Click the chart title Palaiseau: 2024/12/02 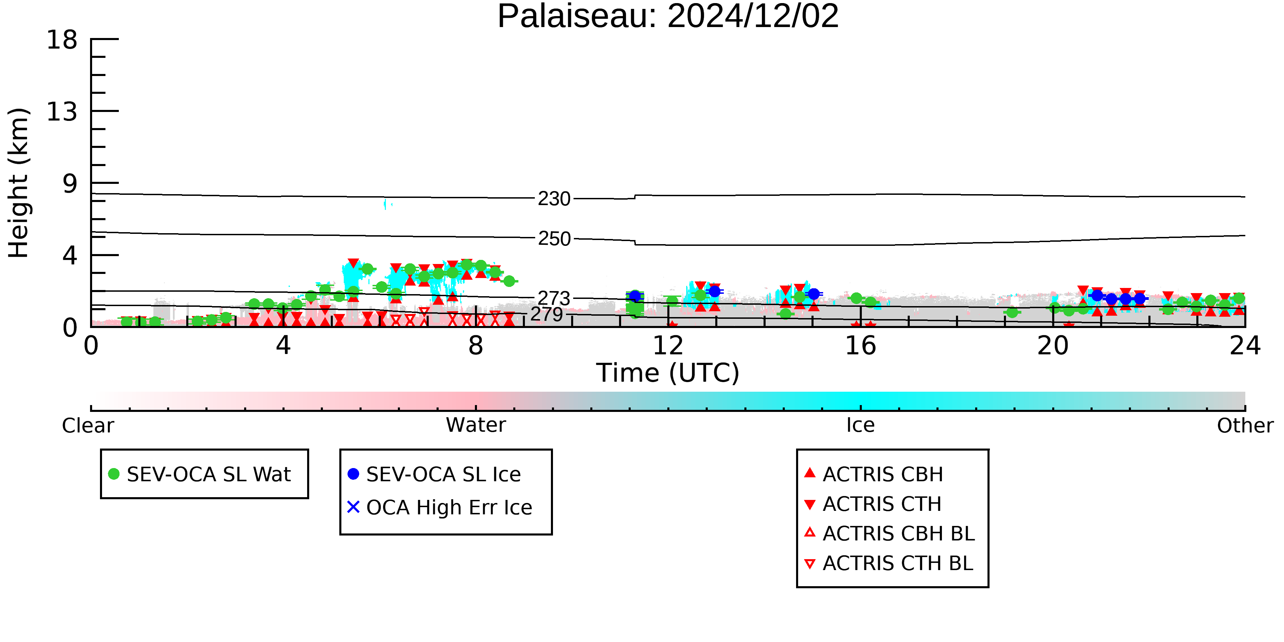coord(668,16)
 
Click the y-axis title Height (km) coord(18,183)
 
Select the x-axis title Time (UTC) coord(668,373)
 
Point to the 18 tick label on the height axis coord(62,39)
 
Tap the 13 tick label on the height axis coord(62,111)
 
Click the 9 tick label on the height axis coord(70,184)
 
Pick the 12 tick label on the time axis coord(668,345)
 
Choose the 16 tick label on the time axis coord(860,345)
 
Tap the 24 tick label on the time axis coord(1245,345)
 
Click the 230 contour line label coord(554,199)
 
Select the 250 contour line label coord(554,239)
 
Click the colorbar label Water coord(476,425)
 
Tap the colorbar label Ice coord(860,425)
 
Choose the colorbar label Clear coord(88,425)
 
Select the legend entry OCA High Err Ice coord(449,507)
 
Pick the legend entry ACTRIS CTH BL coord(898,563)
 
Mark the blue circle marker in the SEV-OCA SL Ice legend coord(353,474)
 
